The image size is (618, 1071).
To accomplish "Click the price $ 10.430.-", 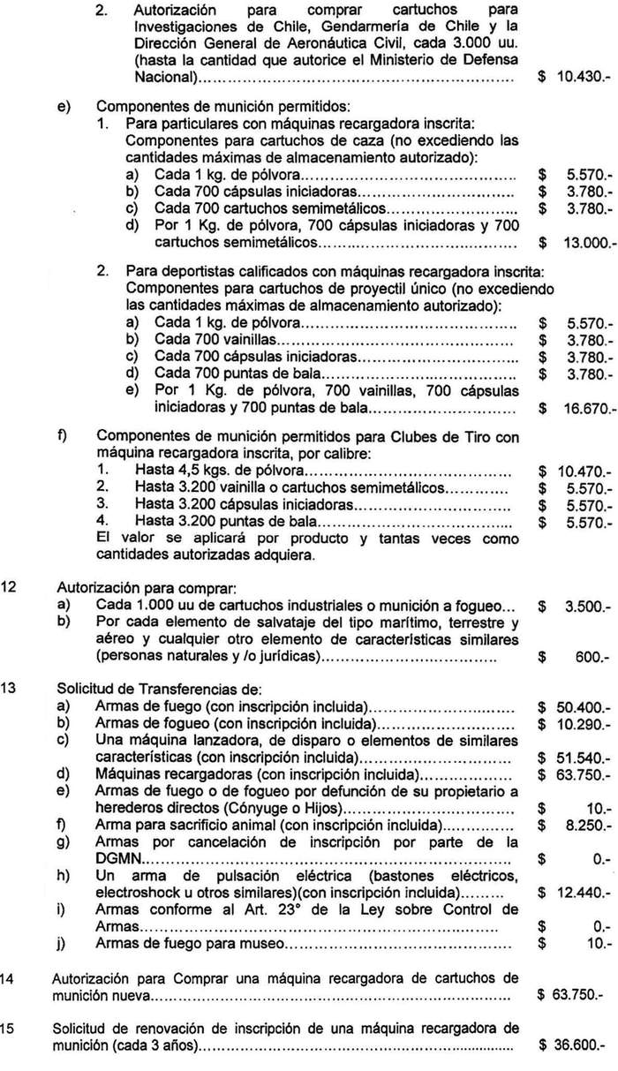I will click(575, 78).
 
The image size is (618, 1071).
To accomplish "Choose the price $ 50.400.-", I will click(575, 707).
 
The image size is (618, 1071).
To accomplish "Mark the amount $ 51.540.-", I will click(575, 758).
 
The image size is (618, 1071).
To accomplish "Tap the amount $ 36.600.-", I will click(575, 1044).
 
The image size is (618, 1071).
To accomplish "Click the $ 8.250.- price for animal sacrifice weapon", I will click(575, 826).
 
